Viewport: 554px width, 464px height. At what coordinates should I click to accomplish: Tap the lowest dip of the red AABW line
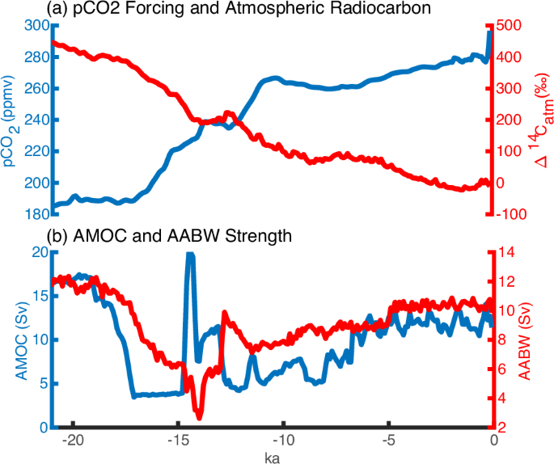tap(199, 415)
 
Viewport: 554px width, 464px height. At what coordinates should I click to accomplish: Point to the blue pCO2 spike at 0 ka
tap(490, 32)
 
